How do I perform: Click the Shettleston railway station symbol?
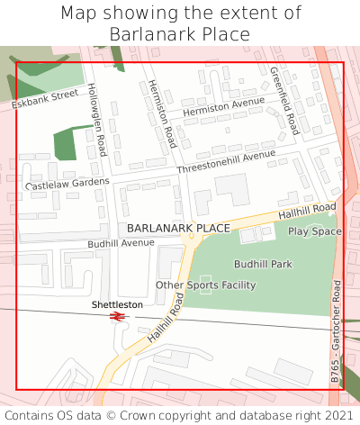click(x=116, y=317)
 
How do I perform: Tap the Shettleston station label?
click(x=117, y=304)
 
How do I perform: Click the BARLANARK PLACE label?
click(x=178, y=229)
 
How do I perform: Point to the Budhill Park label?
click(x=263, y=265)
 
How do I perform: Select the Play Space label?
click(x=315, y=231)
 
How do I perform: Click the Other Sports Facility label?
click(x=205, y=285)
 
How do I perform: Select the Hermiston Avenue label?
click(x=224, y=107)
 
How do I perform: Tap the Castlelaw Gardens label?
click(x=67, y=184)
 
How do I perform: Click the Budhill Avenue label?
click(x=121, y=243)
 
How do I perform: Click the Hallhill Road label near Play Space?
click(x=307, y=210)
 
